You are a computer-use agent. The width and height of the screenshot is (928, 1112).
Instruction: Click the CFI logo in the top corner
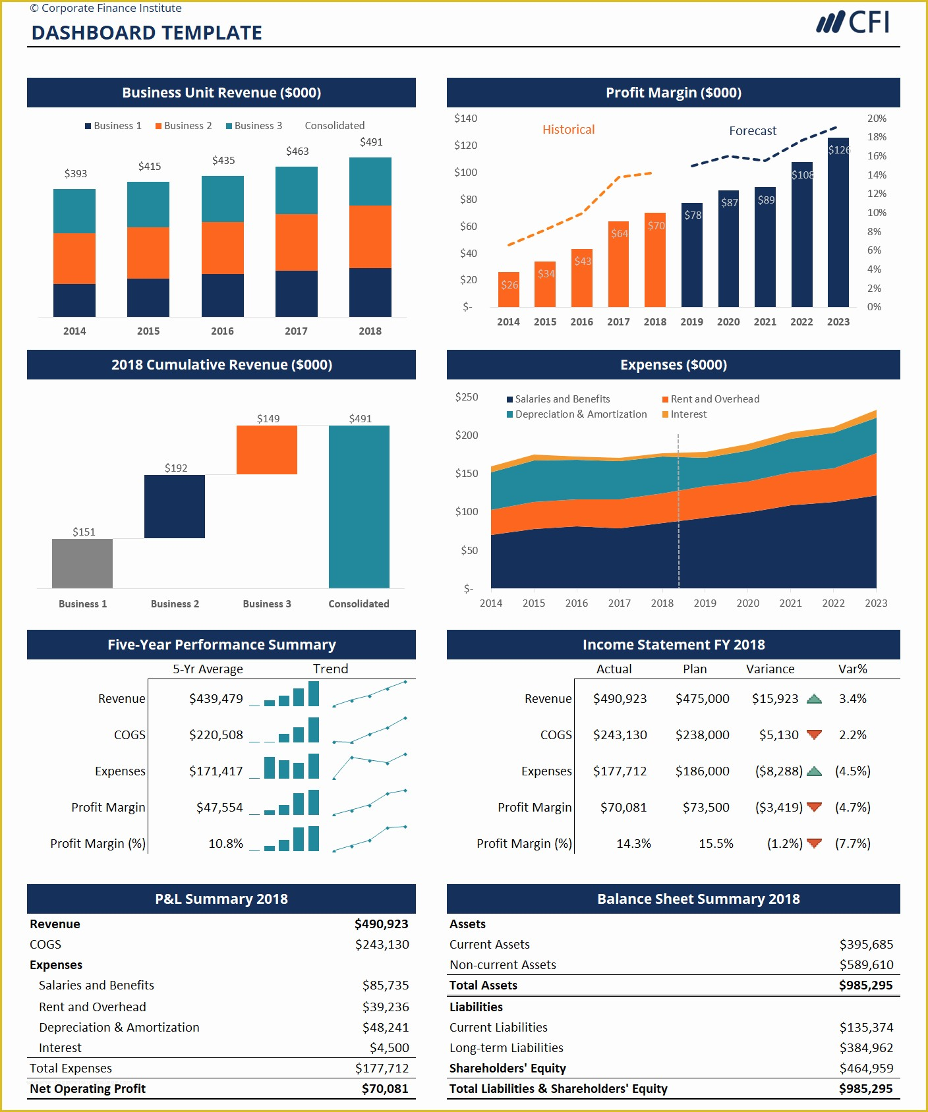pos(853,22)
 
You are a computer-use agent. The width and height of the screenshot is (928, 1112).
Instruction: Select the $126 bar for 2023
pos(838,224)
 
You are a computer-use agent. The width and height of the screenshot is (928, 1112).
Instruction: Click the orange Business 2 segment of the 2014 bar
pos(74,258)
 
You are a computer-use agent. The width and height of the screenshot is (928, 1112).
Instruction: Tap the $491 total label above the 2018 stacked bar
pos(371,142)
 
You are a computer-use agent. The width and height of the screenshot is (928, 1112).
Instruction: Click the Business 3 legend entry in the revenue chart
pos(254,126)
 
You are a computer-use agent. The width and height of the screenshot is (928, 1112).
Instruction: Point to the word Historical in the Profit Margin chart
pos(568,130)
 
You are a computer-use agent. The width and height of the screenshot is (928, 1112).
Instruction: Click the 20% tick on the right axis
pos(877,119)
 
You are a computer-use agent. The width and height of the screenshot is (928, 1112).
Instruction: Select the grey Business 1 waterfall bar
pos(82,563)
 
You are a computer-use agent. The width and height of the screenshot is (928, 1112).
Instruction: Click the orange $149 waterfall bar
pos(267,450)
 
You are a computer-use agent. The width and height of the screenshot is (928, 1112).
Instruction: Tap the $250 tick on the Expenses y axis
pos(467,397)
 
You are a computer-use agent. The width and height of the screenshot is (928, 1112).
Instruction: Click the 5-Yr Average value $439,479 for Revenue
pos(216,698)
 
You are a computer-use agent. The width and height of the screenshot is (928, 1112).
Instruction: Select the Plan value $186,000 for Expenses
pos(702,771)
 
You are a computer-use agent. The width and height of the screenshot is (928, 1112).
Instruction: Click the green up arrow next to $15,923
pos(814,699)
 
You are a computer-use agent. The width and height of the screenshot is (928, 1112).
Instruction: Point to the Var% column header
pos(852,669)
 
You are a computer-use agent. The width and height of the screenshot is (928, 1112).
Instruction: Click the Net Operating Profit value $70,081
pos(384,1089)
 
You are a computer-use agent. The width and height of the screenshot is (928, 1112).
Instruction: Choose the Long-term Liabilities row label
pos(506,1047)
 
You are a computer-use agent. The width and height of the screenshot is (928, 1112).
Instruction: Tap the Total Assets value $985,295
pos(865,986)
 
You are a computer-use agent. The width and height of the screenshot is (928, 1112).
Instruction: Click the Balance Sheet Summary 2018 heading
pos(698,899)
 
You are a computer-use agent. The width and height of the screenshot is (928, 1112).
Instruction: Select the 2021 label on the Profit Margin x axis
pos(765,322)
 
